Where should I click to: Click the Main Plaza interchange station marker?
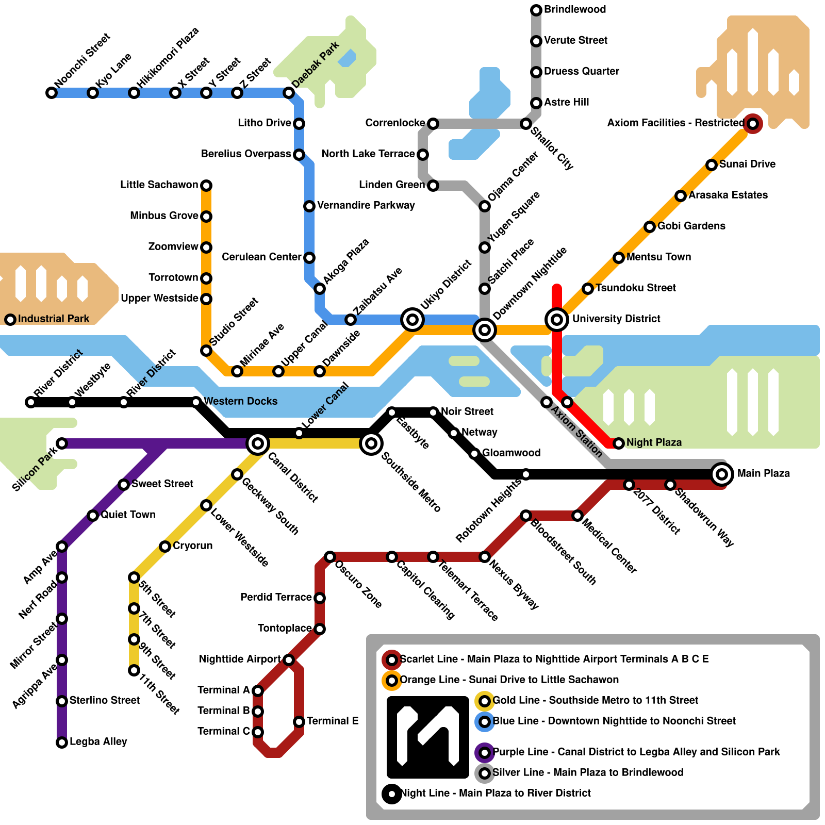point(722,474)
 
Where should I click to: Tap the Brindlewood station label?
point(575,10)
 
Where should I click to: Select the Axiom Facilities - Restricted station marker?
point(753,124)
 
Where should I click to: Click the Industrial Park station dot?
point(10,320)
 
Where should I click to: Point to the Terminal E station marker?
point(299,721)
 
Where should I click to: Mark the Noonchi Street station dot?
point(52,93)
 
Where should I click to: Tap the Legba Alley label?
point(98,742)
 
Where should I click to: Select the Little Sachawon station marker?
point(206,185)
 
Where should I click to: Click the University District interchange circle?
point(557,320)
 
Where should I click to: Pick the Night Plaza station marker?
point(619,443)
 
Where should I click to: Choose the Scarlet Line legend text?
point(554,659)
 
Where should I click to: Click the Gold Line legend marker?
point(485,701)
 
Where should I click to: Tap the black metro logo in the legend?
point(428,737)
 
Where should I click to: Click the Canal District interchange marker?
point(258,443)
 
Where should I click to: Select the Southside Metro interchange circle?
point(371,443)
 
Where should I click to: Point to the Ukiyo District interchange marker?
point(412,320)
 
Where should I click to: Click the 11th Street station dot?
point(134,670)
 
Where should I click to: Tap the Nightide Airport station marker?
point(289,660)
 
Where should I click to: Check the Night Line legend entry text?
point(496,793)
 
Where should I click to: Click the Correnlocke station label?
point(395,123)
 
